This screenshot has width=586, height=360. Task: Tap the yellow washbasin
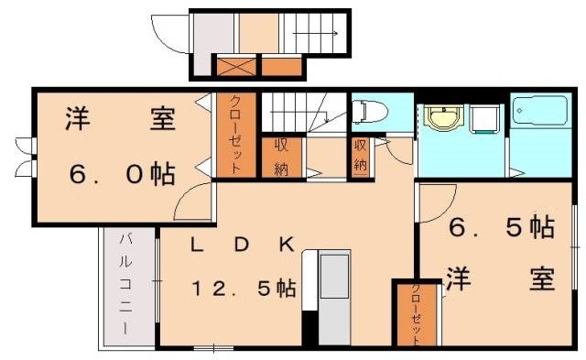pyautogui.click(x=441, y=120)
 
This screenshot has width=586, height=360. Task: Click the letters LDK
pyautogui.click(x=242, y=245)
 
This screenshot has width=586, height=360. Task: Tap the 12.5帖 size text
pyautogui.click(x=243, y=289)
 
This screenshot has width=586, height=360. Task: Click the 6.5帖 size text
pyautogui.click(x=500, y=229)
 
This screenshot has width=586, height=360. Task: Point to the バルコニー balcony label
pyautogui.click(x=125, y=284)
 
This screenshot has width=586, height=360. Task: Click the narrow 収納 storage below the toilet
pyautogui.click(x=360, y=155)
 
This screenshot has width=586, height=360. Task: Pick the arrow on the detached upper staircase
pyautogui.click(x=317, y=35)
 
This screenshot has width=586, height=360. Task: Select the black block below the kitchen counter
pyautogui.click(x=310, y=327)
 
